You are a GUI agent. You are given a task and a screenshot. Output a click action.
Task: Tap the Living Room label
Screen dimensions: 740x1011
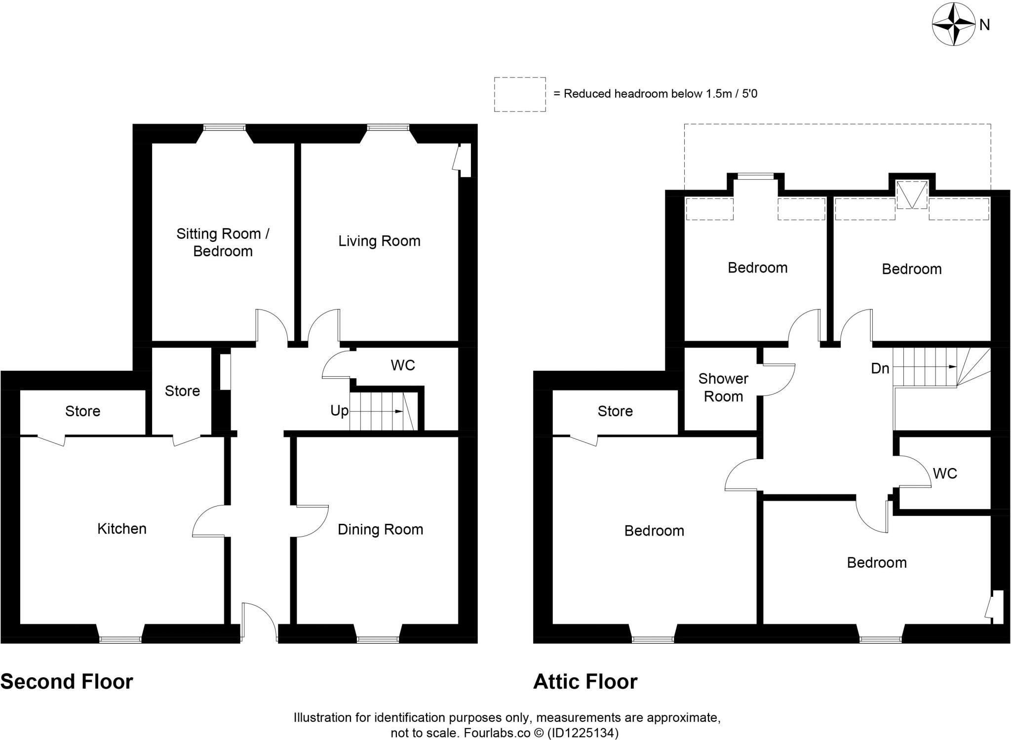[379, 241]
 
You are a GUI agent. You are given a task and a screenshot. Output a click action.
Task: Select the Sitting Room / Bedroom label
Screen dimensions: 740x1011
[223, 242]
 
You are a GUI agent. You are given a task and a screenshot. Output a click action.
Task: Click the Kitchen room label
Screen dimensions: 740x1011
[122, 529]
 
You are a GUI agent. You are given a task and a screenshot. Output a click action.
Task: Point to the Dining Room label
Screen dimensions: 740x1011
[380, 529]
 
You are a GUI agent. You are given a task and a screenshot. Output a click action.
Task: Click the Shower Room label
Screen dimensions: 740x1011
[723, 388]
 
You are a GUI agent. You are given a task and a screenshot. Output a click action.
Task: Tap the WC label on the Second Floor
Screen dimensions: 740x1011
[403, 365]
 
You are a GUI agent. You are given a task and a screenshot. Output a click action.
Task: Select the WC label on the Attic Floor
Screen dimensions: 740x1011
[945, 473]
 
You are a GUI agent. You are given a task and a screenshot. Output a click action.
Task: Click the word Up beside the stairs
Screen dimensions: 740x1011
[339, 411]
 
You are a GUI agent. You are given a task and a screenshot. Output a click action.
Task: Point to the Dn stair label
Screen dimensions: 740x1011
[880, 368]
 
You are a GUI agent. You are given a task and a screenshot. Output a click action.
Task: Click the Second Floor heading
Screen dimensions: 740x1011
[67, 682]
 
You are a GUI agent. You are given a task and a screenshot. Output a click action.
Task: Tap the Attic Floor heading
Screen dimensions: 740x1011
[585, 682]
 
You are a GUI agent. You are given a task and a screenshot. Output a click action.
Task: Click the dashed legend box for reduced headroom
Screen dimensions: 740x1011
[520, 94]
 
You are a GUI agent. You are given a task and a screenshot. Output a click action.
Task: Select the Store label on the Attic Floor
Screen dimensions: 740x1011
[615, 411]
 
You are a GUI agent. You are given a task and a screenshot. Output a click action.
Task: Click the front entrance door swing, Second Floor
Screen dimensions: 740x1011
[259, 621]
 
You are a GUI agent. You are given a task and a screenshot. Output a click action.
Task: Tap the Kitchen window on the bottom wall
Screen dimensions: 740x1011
[120, 640]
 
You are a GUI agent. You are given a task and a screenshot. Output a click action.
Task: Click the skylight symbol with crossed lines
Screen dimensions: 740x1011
[912, 195]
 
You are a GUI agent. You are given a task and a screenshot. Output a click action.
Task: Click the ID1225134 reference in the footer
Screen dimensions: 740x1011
[583, 733]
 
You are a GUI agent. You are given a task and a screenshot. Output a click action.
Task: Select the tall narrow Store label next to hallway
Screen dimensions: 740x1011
[182, 391]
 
